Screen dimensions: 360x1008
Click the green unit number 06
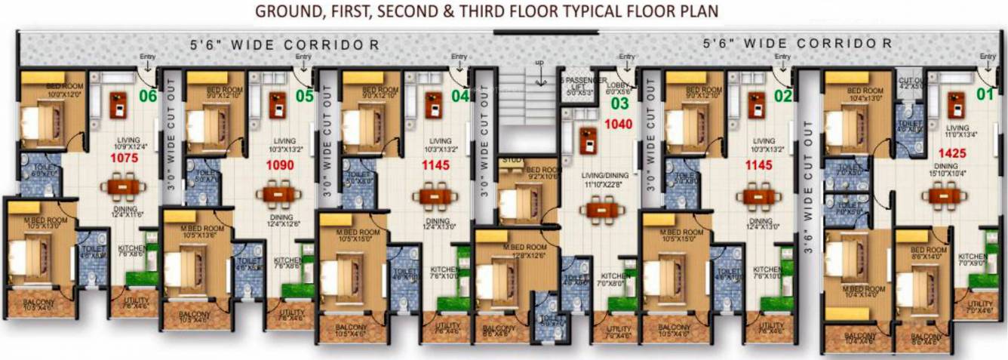point(148,96)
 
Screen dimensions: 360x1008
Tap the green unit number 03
point(619,103)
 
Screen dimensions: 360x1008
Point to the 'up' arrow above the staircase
point(539,62)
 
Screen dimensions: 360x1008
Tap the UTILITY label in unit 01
point(979,304)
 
